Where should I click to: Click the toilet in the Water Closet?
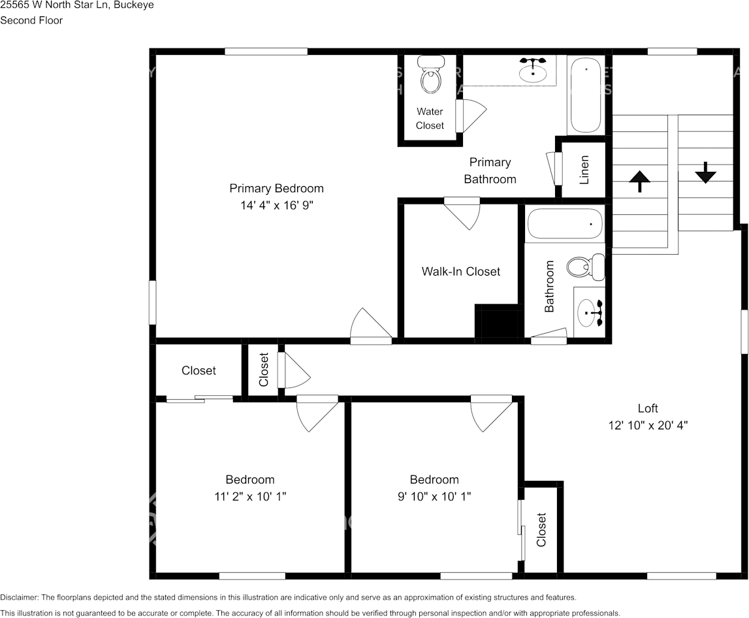click(430, 76)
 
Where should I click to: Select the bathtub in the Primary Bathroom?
click(585, 95)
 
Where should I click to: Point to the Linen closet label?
click(584, 170)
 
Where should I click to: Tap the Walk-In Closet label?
click(460, 271)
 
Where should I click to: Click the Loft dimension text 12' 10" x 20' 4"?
click(647, 425)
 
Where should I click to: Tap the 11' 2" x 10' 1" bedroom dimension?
click(250, 496)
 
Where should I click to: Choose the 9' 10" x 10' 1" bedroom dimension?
click(434, 496)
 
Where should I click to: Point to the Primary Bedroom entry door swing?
click(369, 325)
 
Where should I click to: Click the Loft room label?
click(648, 408)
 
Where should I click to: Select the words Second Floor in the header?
click(31, 20)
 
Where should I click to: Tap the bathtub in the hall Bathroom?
click(566, 223)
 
